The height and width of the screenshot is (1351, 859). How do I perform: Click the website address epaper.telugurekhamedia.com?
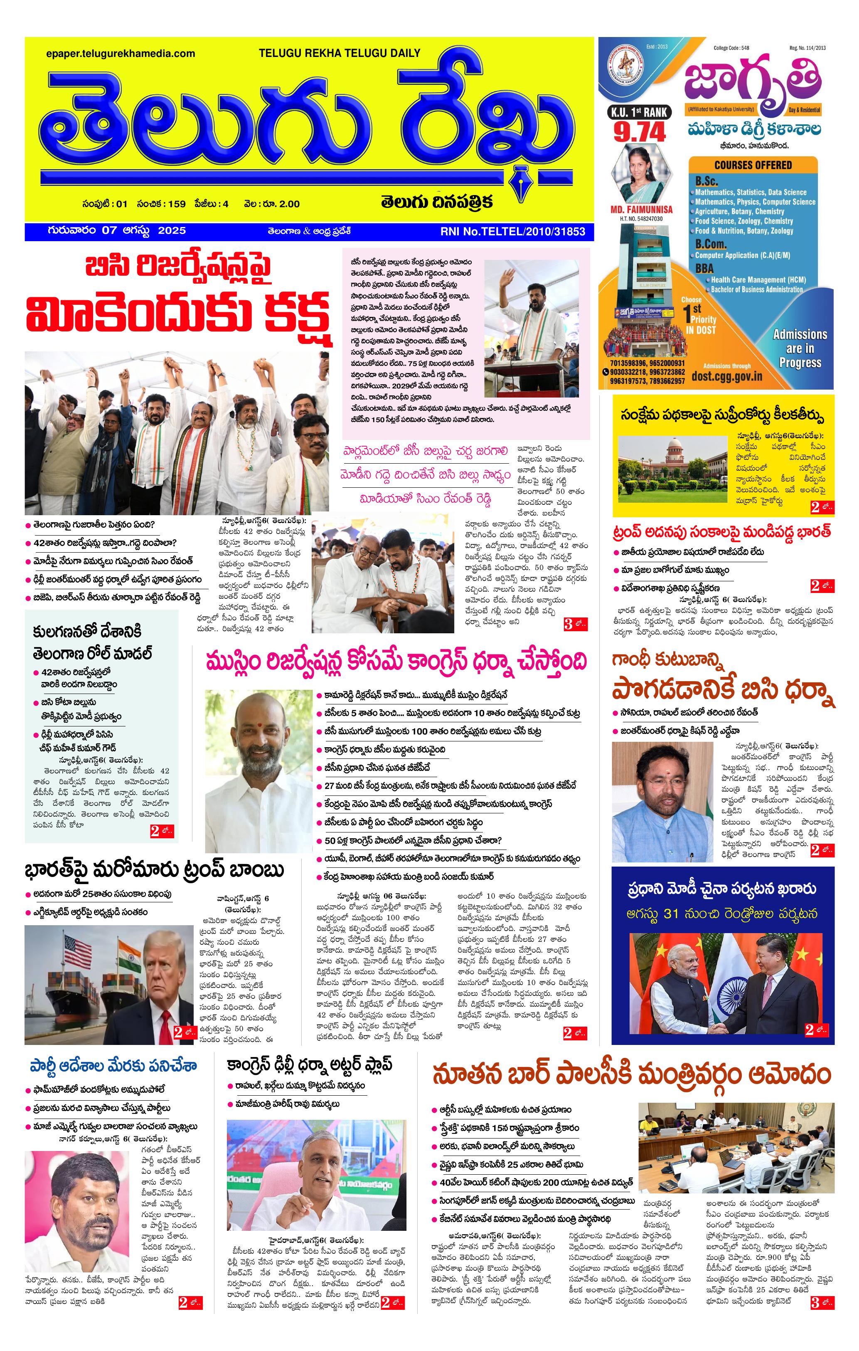121,54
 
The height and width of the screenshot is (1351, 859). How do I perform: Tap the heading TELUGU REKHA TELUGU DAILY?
339,53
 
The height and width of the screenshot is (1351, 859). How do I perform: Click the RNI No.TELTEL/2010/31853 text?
512,231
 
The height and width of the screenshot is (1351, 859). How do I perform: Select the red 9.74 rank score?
639,132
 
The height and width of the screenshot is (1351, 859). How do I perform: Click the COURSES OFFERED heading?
753,165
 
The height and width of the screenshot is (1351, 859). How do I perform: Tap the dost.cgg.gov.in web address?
727,376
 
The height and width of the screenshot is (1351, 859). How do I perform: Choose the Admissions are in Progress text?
800,348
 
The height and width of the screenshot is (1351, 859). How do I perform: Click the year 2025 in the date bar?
172,231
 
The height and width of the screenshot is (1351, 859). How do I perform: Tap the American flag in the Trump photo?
78,952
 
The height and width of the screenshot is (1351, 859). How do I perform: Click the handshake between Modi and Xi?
721,1025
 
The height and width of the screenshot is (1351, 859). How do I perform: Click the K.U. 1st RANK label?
639,112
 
